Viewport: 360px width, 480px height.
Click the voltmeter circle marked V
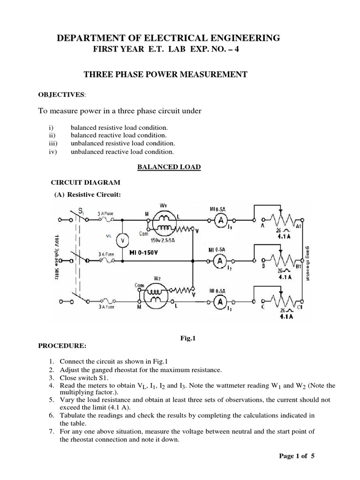(x=122, y=240)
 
